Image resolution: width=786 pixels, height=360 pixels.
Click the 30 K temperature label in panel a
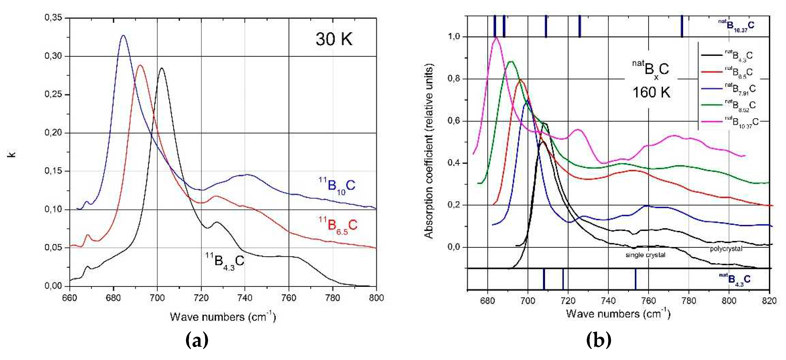point(334,39)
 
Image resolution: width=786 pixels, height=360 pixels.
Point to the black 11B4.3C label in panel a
point(225,261)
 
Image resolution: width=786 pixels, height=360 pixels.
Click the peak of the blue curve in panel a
point(123,35)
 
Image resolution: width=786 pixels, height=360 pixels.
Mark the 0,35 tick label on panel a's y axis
point(53,18)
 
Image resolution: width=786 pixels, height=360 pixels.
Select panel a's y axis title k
point(12,154)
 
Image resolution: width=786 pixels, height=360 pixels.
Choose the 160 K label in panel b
point(651,92)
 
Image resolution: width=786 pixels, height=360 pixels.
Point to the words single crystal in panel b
point(645,255)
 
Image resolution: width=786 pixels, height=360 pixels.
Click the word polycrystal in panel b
point(726,249)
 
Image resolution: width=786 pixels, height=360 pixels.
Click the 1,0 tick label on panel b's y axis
point(453,37)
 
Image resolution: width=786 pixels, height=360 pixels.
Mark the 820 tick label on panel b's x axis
point(769,301)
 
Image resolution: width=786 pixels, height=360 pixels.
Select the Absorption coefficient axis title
point(429,151)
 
